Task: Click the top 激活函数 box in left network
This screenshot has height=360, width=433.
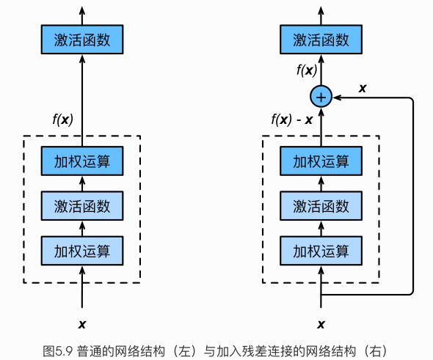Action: click(x=82, y=40)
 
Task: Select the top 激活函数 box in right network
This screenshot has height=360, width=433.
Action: click(x=321, y=40)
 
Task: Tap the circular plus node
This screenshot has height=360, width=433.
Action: click(x=321, y=97)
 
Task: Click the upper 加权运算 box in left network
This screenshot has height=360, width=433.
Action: click(x=82, y=161)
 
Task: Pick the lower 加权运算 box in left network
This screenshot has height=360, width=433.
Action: click(x=82, y=251)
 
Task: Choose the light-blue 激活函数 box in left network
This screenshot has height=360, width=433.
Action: click(x=82, y=206)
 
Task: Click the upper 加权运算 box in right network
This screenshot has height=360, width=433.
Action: click(x=321, y=161)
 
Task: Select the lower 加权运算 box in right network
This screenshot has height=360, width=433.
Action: click(x=321, y=251)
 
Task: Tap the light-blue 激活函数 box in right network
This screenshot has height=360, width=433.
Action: click(x=321, y=206)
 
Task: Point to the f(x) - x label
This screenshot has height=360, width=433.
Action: click(x=292, y=120)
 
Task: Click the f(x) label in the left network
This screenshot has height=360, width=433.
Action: click(x=62, y=120)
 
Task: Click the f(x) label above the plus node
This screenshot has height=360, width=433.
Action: click(x=307, y=70)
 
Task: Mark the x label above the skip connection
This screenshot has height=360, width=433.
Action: click(x=363, y=88)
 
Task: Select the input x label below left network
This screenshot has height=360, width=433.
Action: click(x=82, y=324)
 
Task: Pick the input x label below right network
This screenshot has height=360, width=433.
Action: click(x=321, y=324)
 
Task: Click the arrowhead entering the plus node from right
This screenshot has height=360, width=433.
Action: click(x=337, y=98)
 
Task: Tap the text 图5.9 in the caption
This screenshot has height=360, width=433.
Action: click(x=58, y=351)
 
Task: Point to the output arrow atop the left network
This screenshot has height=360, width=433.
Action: click(x=82, y=15)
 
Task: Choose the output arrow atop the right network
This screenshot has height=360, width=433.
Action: click(x=321, y=15)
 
